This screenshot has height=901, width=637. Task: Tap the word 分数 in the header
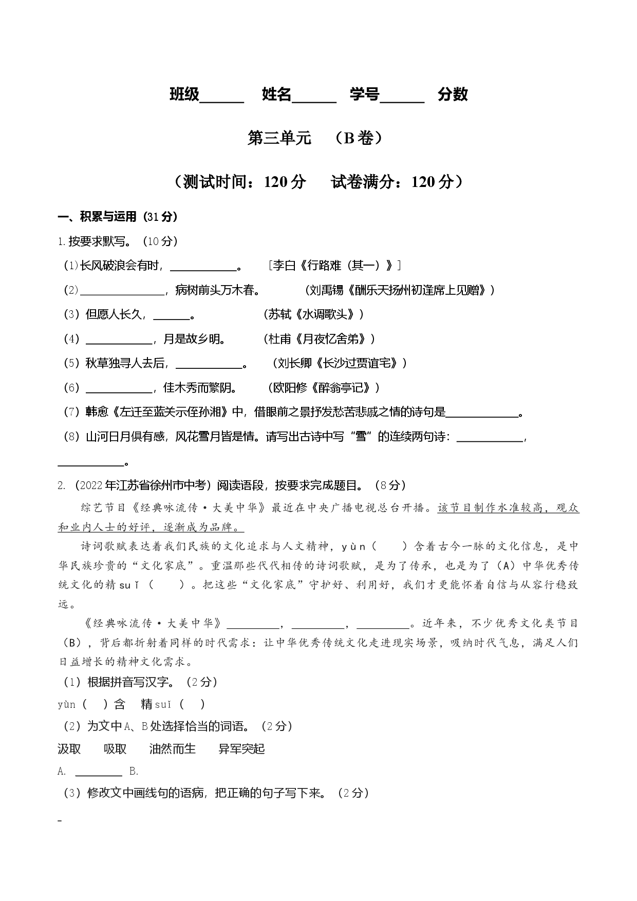pyautogui.click(x=453, y=94)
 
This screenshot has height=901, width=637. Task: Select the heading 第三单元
pyautogui.click(x=279, y=138)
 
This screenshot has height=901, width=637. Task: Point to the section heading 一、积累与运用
pyautogui.click(x=98, y=217)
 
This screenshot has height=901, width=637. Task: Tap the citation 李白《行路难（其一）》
pyautogui.click(x=335, y=265)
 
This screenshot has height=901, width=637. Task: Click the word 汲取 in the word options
pyautogui.click(x=69, y=749)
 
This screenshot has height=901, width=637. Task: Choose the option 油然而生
pyautogui.click(x=173, y=749)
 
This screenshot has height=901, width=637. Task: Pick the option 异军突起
pyautogui.click(x=241, y=749)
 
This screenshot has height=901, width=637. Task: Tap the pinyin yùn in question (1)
pyautogui.click(x=67, y=705)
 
